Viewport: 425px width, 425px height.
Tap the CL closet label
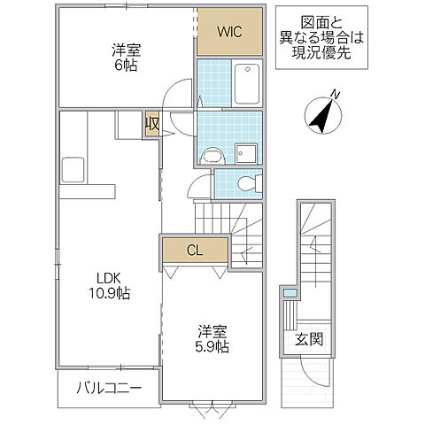(x=195, y=251)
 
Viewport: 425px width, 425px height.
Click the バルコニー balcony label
(x=108, y=387)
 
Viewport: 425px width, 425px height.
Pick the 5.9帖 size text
(x=212, y=348)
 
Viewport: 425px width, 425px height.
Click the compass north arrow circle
(x=324, y=116)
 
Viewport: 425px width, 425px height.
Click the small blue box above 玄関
(x=289, y=294)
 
